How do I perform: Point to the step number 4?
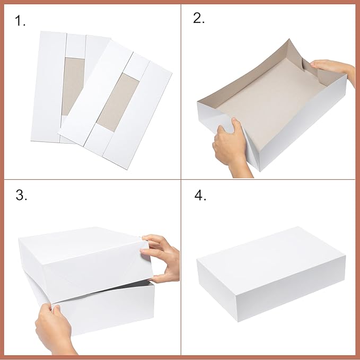click(200, 195)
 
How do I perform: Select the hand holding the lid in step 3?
click(163, 260)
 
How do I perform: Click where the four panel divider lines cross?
click(180, 180)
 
